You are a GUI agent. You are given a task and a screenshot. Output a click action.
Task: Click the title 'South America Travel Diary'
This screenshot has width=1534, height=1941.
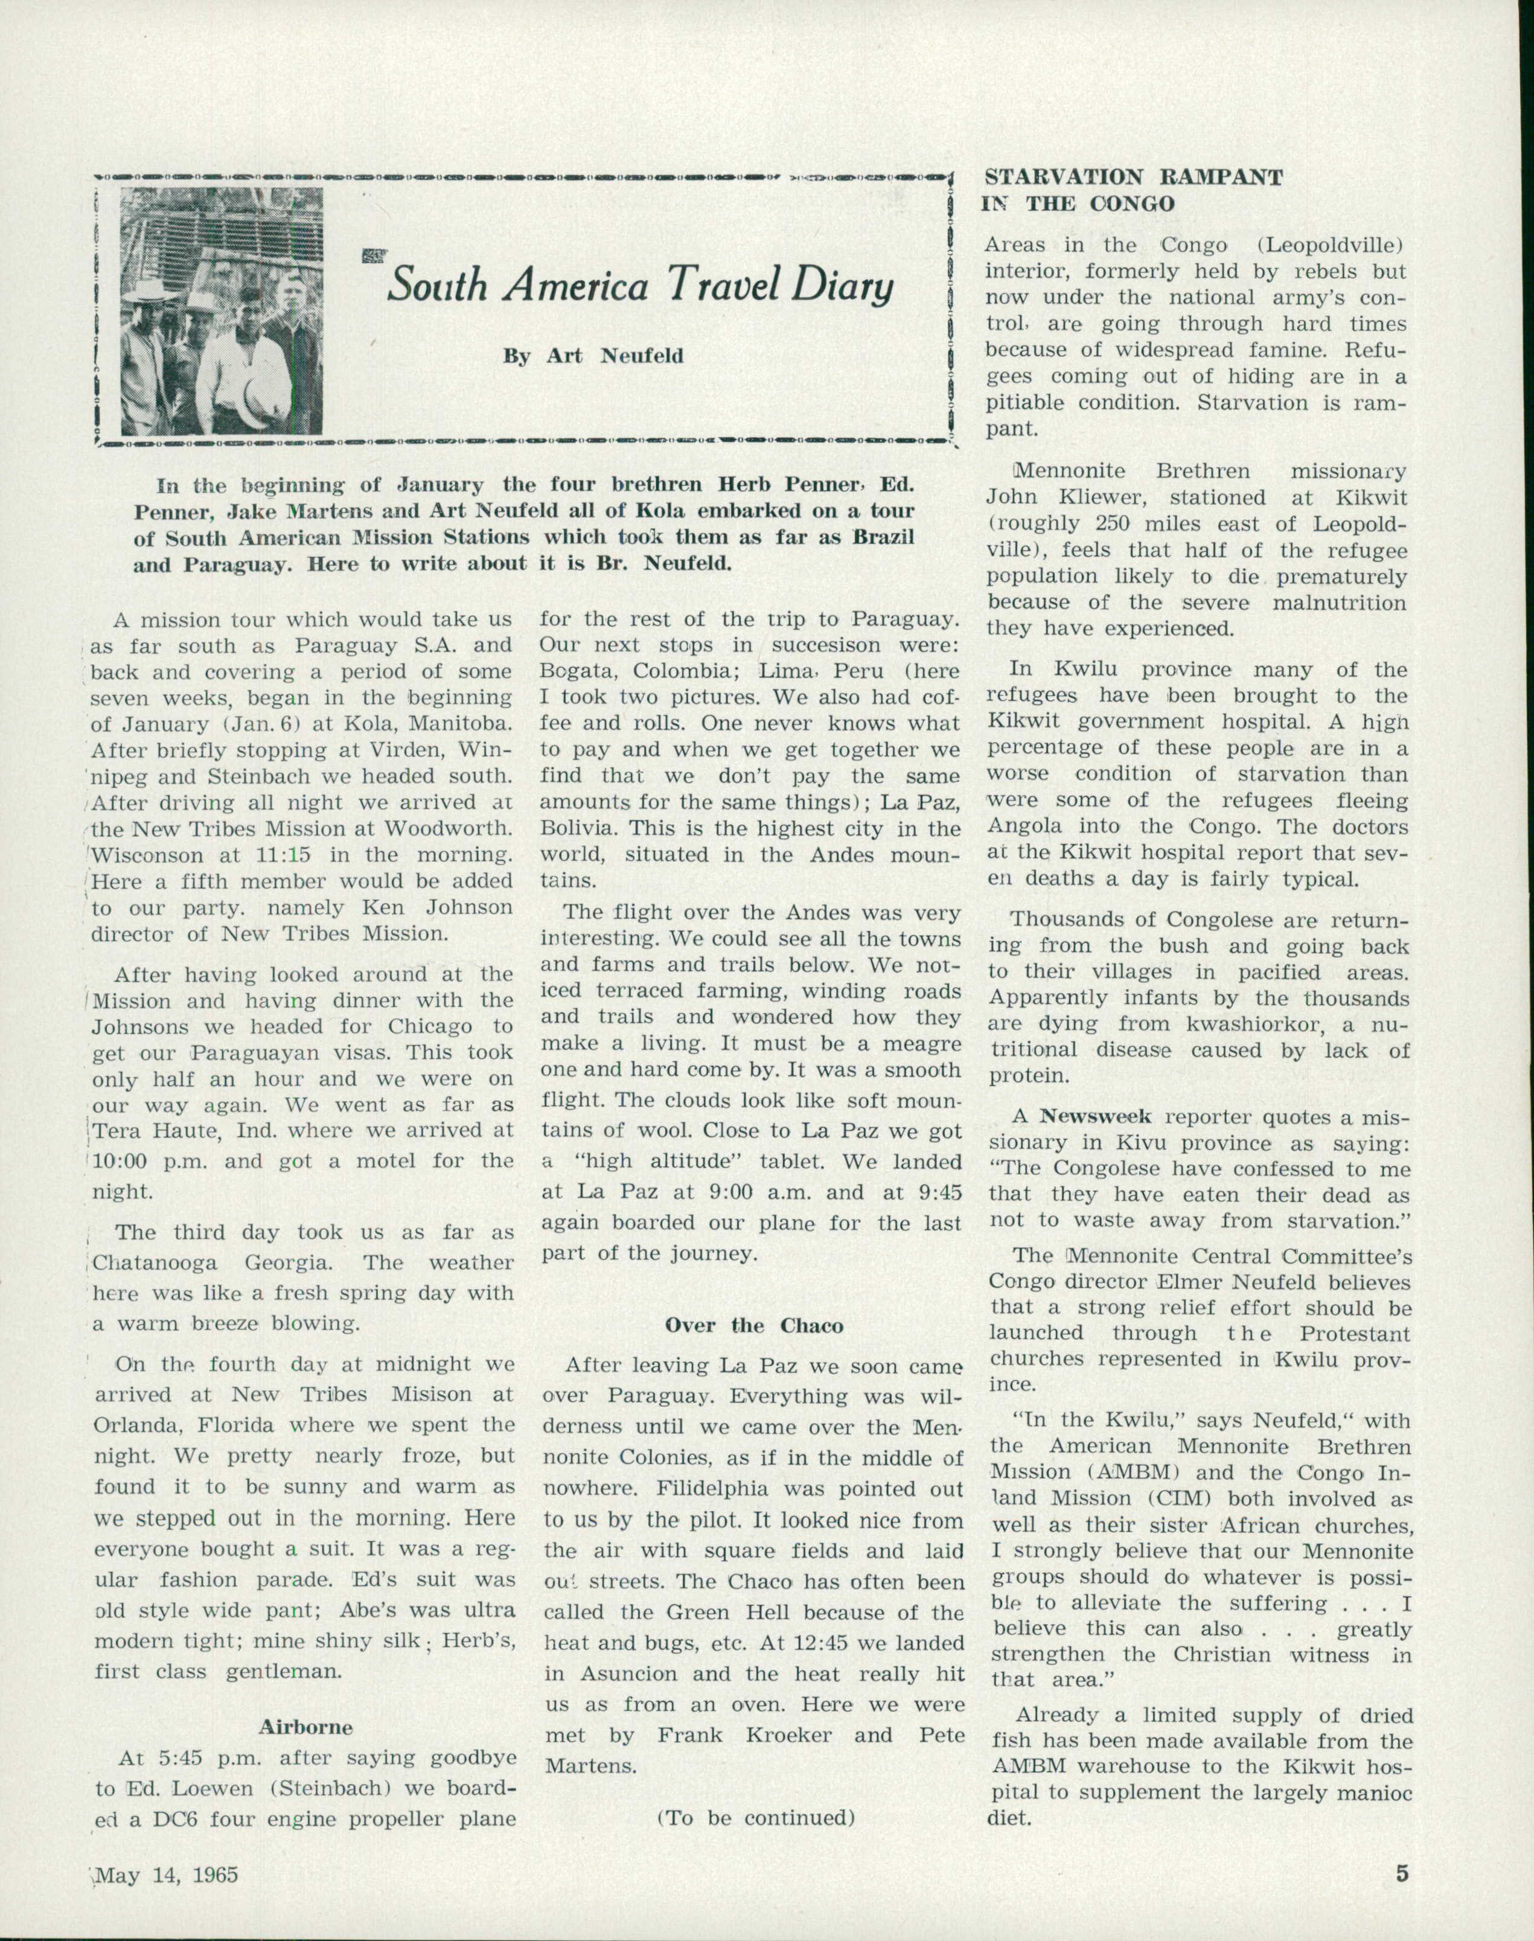coord(639,287)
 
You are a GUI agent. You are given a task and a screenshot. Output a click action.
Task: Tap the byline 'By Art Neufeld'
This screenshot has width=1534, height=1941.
coord(593,356)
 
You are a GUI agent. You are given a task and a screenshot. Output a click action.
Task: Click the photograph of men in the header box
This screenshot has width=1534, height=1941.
coord(221,311)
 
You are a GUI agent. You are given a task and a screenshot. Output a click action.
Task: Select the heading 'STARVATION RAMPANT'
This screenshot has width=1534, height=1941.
coord(1133,177)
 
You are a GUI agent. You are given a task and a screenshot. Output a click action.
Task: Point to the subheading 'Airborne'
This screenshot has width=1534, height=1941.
coord(305,1727)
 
